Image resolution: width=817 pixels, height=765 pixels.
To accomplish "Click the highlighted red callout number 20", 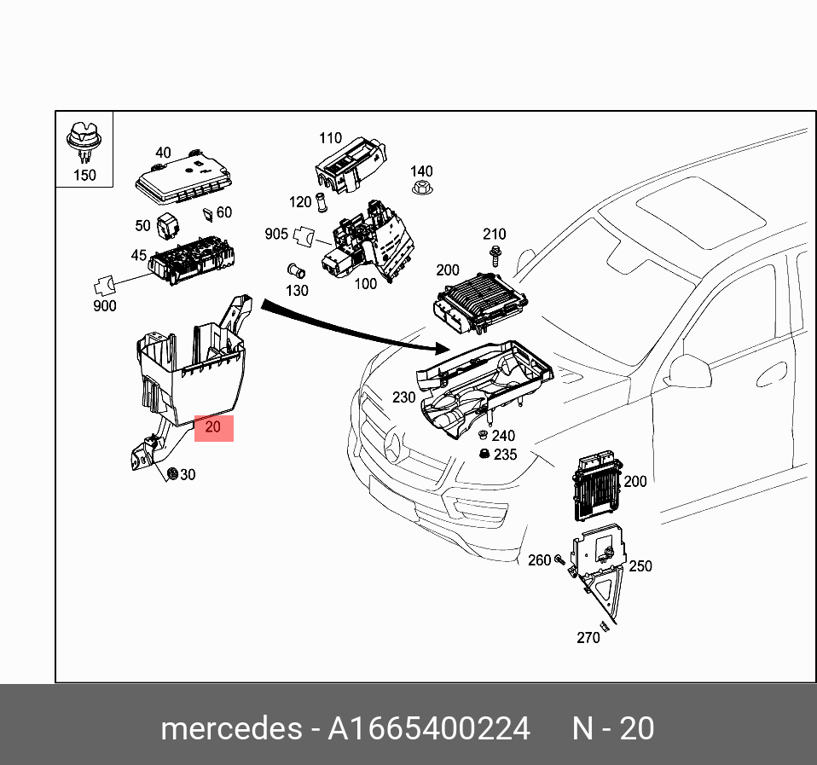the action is click(x=213, y=428).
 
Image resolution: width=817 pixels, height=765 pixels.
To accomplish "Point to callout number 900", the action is click(x=104, y=305).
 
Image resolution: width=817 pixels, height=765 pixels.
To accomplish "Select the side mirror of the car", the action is click(x=689, y=371).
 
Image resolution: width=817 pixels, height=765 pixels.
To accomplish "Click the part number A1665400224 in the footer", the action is click(x=429, y=729).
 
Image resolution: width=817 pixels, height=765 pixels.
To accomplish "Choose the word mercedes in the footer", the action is click(x=230, y=729).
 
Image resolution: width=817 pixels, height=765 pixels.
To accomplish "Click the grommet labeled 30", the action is click(x=172, y=473).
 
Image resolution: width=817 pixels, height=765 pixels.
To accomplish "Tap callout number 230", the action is click(x=403, y=397).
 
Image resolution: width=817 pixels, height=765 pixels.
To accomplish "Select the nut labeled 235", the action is click(x=484, y=454).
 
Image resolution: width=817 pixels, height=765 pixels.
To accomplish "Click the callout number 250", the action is click(x=640, y=565).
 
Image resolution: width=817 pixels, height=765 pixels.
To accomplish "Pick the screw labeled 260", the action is click(x=559, y=560).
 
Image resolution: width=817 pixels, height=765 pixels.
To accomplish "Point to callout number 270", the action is click(x=588, y=637).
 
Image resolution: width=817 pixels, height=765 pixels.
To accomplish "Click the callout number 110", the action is click(x=330, y=137).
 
